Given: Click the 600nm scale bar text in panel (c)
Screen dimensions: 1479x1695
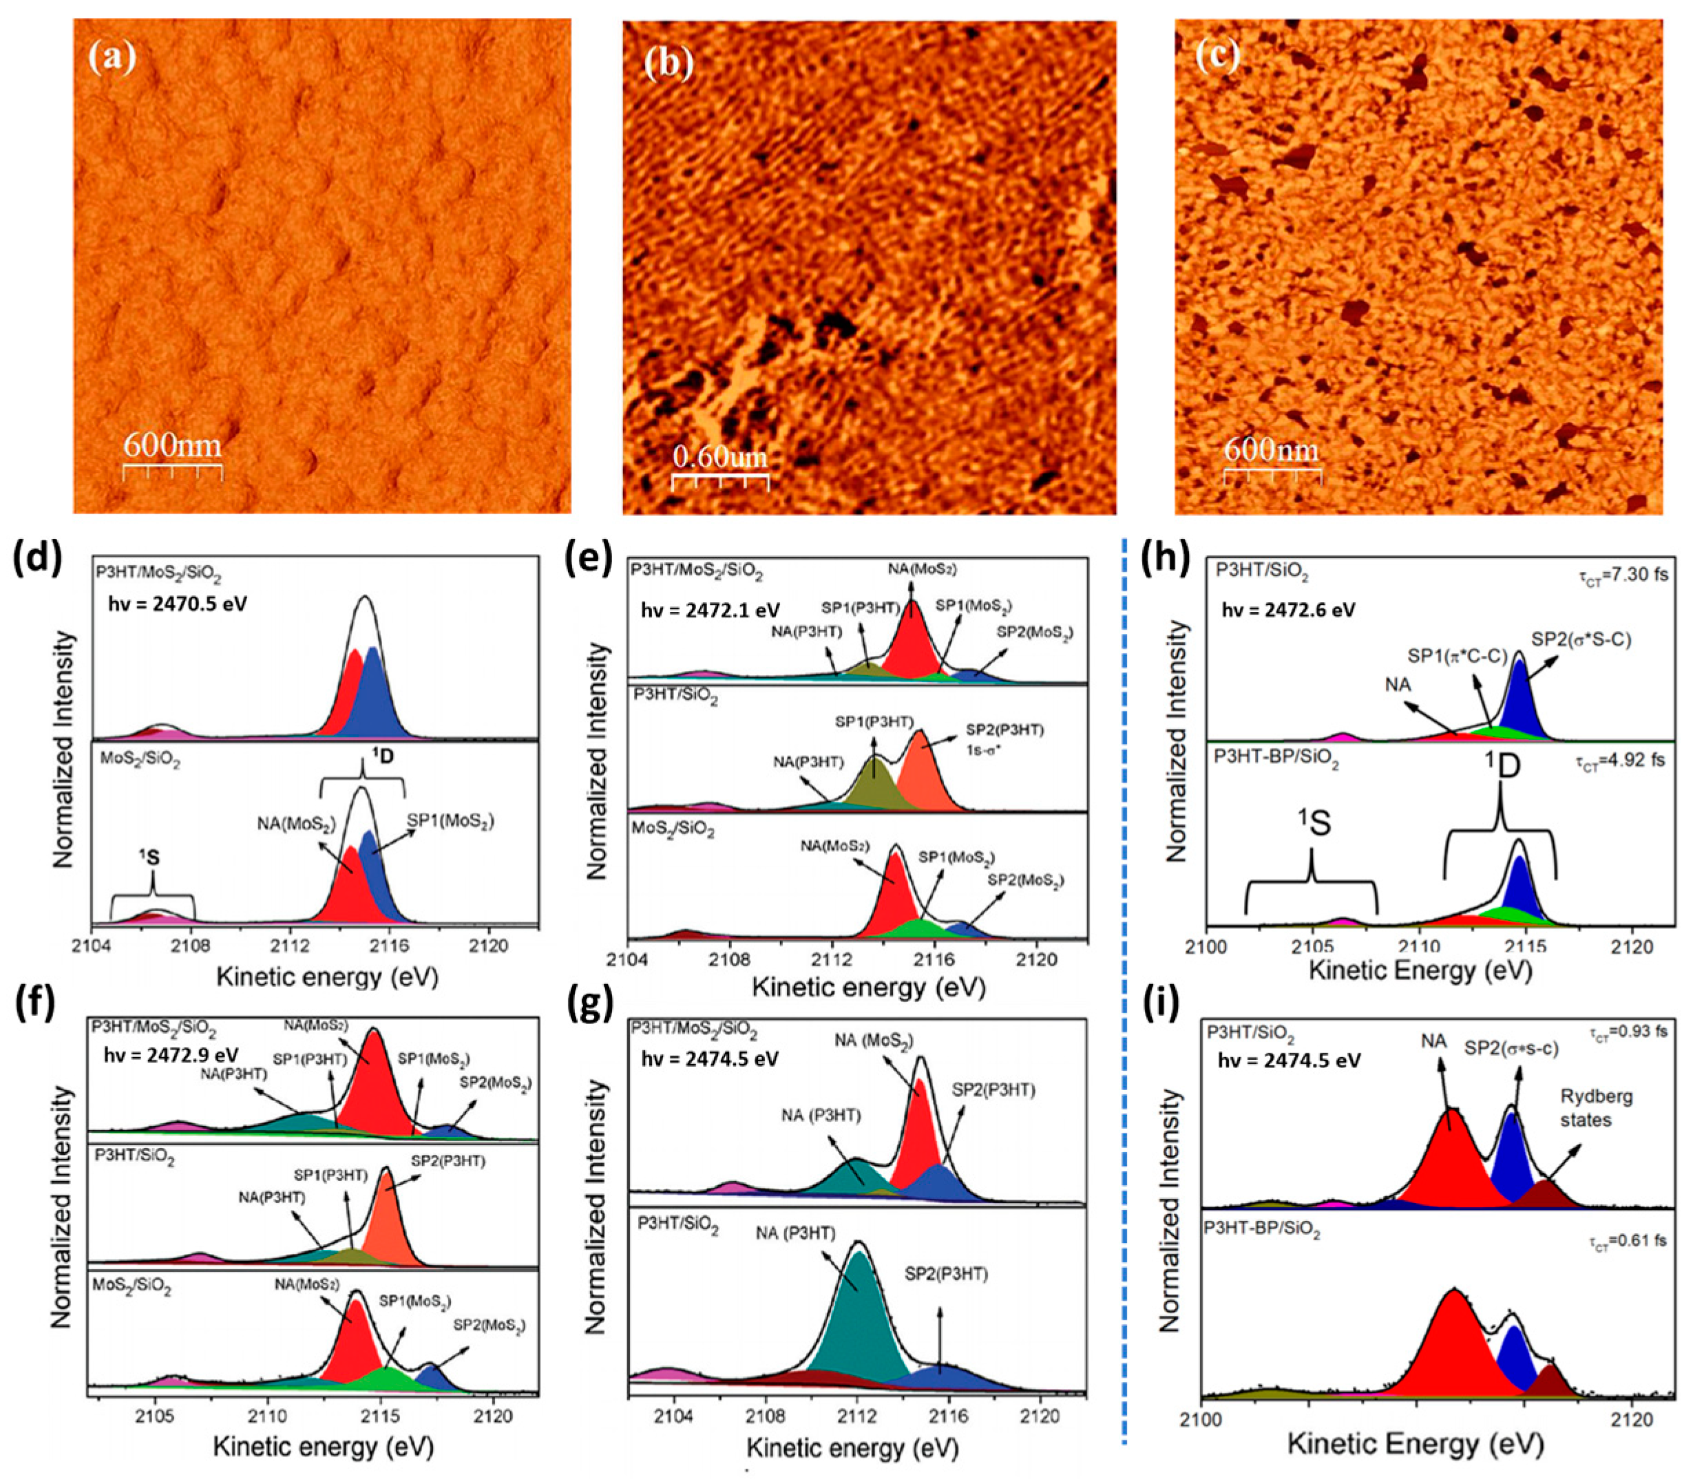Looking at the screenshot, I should tap(1272, 450).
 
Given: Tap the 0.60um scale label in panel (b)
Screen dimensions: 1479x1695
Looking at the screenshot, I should tap(721, 456).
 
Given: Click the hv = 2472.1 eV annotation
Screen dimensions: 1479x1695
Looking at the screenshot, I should tap(711, 610).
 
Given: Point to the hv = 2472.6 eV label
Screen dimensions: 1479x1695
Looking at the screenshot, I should tap(1288, 610).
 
